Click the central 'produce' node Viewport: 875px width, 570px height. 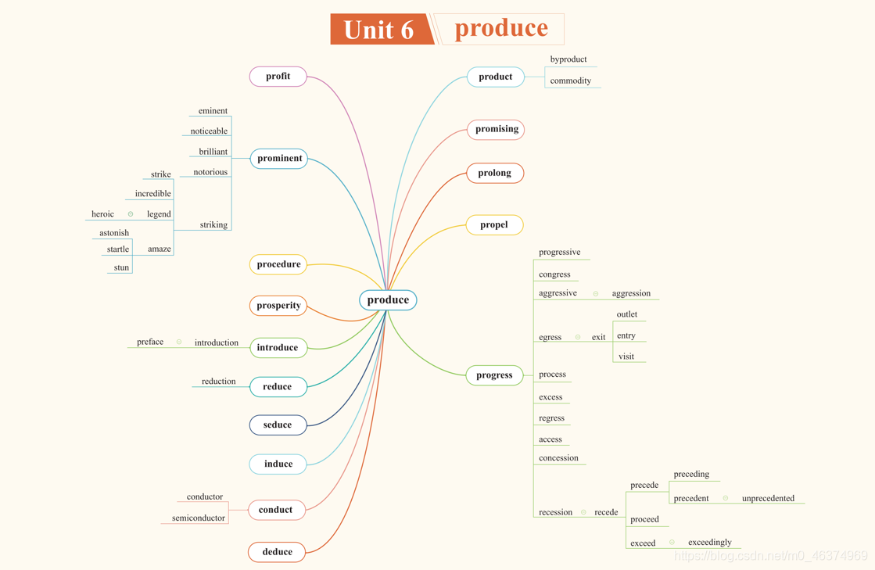388,300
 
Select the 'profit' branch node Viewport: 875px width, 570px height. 278,77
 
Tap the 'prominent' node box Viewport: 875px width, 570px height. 279,159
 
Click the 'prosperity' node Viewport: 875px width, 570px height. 278,306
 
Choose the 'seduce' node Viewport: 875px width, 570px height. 278,425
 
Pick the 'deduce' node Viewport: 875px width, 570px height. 277,552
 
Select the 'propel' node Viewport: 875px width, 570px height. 494,225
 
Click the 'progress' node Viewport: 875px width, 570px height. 494,375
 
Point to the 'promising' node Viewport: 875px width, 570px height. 497,129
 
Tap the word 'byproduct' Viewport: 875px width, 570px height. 568,59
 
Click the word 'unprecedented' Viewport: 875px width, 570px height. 768,498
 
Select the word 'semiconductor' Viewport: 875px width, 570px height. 199,518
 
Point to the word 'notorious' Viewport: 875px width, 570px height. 210,172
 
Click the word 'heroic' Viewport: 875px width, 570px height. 102,214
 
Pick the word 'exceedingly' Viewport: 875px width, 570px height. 709,542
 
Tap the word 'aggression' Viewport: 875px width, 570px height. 631,293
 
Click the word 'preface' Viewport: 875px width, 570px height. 150,342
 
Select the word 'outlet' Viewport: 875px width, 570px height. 626,314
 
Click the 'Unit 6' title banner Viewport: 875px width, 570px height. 380,30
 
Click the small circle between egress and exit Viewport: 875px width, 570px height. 578,337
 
